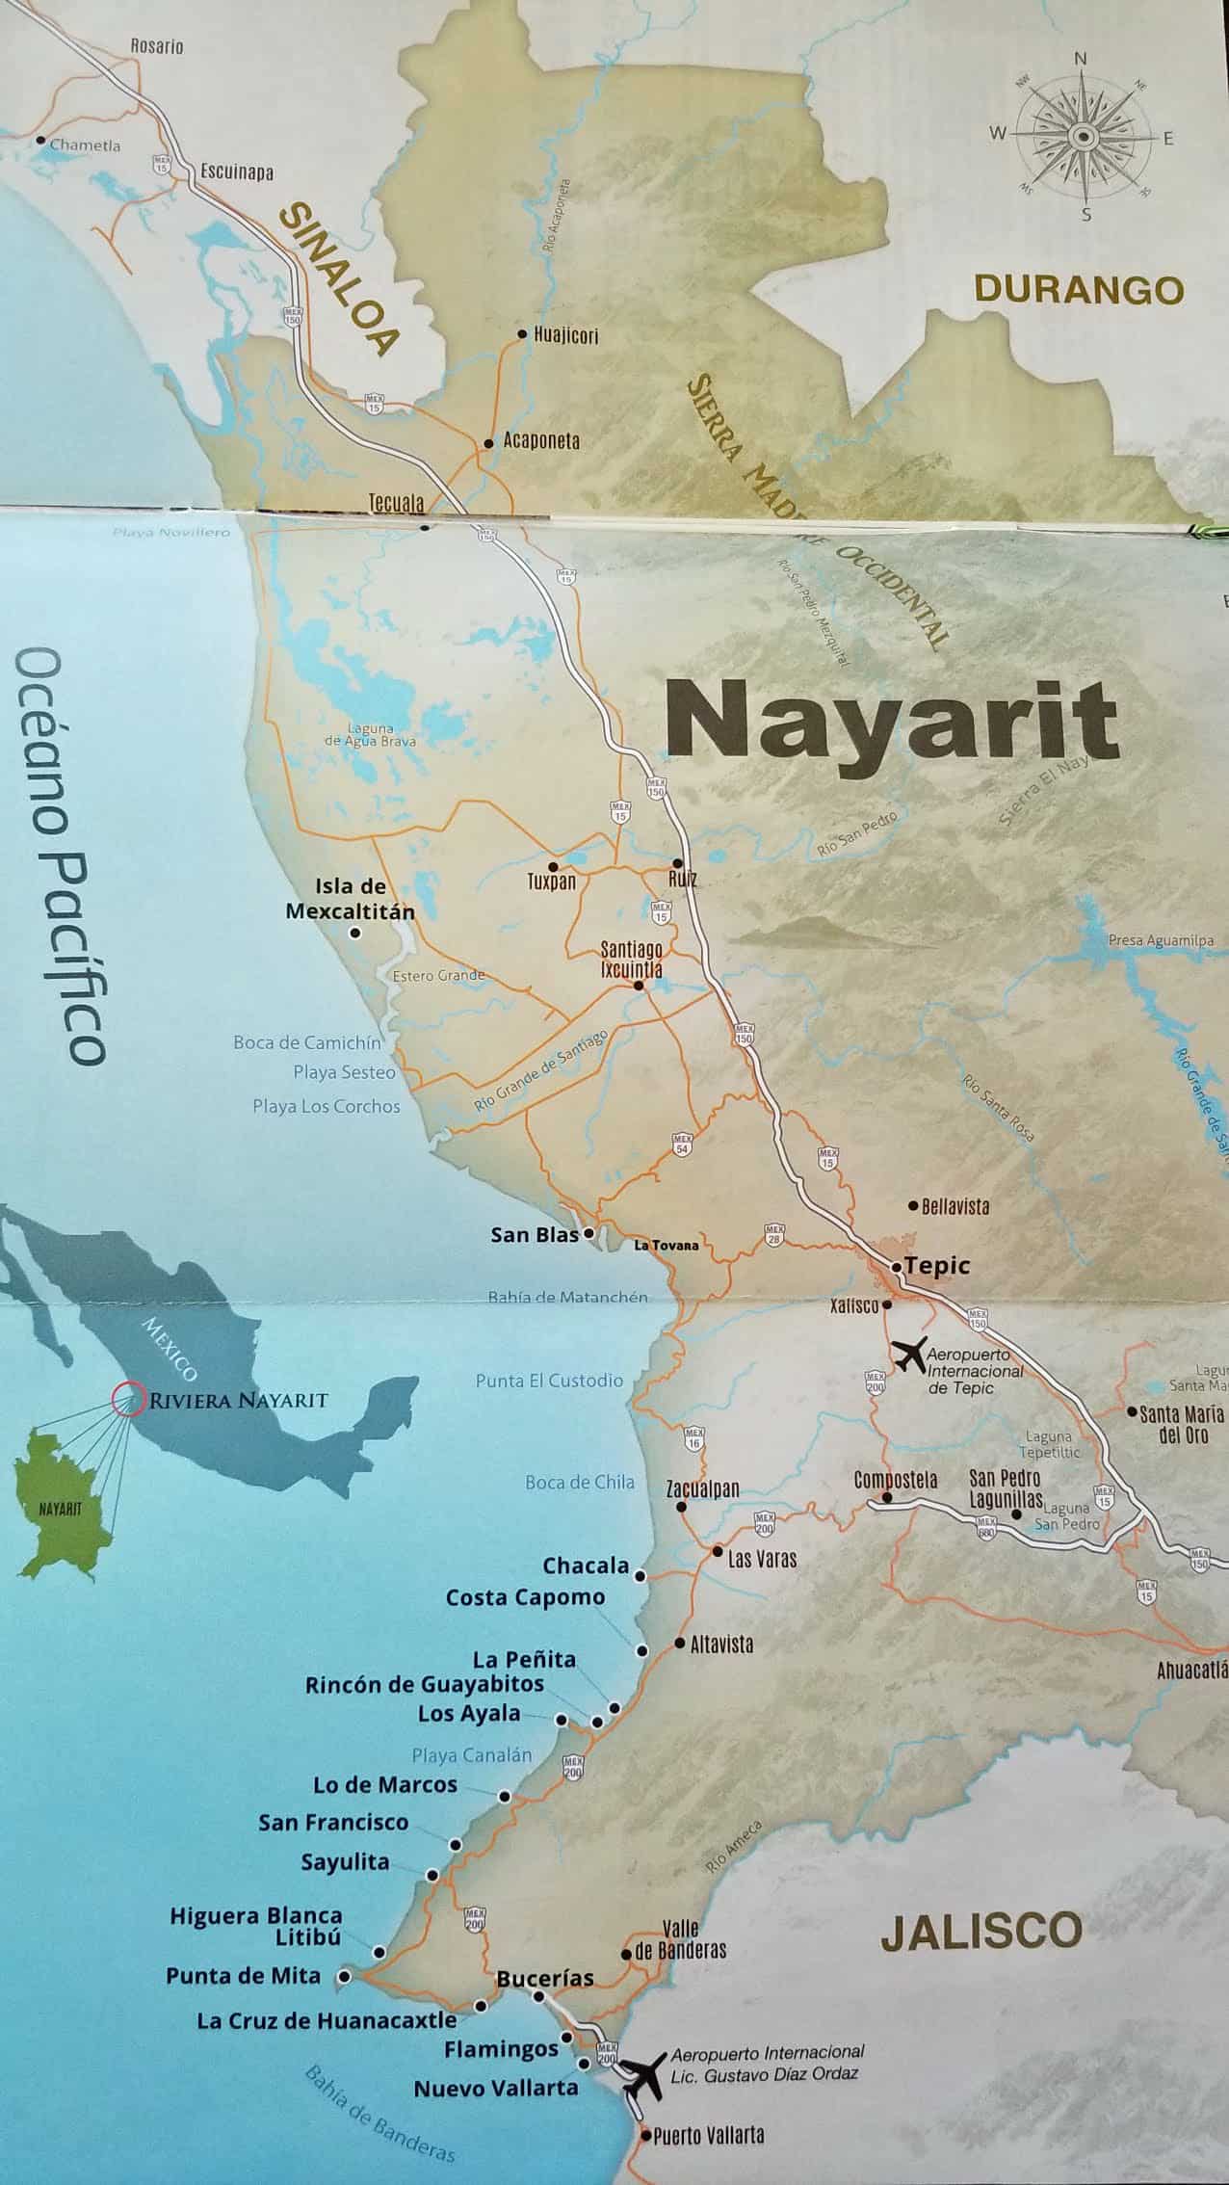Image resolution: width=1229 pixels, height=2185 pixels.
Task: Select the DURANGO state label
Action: point(1078,289)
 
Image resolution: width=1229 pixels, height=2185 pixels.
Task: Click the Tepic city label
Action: point(937,1266)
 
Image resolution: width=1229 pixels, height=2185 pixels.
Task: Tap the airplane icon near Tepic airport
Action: point(909,1354)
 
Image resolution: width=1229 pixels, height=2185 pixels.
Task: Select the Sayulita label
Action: point(345,1862)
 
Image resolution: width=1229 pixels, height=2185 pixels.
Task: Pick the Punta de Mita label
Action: point(243,1976)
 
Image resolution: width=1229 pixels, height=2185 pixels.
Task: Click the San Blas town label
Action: point(535,1234)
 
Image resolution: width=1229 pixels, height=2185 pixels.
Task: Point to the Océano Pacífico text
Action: point(62,856)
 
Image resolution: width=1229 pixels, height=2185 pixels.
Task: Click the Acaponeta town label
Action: point(541,441)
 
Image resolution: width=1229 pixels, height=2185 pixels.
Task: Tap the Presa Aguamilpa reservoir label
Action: point(1160,940)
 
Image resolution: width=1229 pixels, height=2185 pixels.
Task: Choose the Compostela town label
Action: point(896,1480)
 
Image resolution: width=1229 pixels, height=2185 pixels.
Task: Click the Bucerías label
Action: point(544,1978)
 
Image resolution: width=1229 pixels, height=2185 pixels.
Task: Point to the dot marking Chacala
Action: point(640,1576)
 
